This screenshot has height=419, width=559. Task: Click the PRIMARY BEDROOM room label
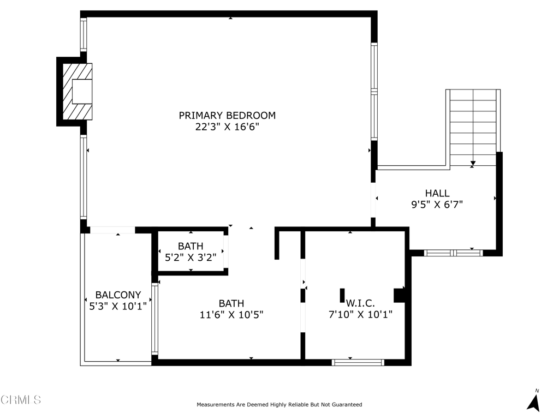227,115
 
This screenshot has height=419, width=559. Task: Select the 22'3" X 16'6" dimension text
227,127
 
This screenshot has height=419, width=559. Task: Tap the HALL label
437,193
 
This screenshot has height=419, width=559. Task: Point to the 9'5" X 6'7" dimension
437,205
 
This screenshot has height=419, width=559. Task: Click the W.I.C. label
360,303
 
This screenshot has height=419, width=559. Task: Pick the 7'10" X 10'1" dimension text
360,314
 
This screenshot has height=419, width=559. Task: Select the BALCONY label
118,295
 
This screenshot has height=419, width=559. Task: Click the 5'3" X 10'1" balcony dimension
118,306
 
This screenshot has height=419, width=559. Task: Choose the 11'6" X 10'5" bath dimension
231,315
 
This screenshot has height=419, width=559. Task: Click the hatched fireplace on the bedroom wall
77,92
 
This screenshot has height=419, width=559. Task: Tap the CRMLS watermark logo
21,400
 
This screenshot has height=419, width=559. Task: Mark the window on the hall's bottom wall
453,253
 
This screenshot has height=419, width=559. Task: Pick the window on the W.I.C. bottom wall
358,362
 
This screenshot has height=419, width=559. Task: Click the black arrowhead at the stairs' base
473,163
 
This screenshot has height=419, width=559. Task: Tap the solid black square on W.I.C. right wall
400,295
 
